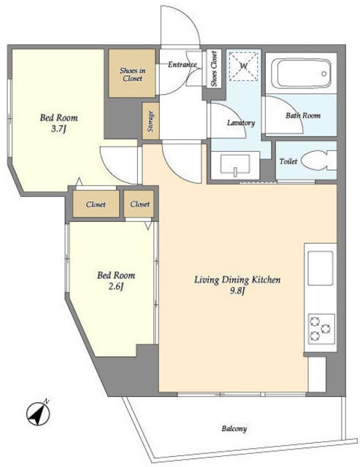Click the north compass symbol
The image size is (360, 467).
coord(38,413)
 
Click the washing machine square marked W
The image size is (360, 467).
coord(244,66)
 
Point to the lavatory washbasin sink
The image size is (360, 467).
coord(235,165)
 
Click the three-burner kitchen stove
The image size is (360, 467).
coord(321,328)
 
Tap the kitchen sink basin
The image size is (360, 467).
coord(321,268)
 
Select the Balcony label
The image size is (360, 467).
coord(234,429)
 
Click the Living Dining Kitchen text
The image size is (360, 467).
coord(237,280)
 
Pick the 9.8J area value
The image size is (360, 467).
coord(237,291)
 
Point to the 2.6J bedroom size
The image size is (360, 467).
coord(115,287)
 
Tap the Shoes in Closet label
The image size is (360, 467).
coord(133,74)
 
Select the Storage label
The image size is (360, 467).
coord(151,121)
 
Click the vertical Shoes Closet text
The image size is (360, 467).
coord(214,69)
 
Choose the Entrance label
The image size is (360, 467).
coord(183,64)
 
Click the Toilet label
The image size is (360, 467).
coord(288,161)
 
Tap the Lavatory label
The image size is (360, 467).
coord(241,123)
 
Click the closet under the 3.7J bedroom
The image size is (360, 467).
coord(96,204)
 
